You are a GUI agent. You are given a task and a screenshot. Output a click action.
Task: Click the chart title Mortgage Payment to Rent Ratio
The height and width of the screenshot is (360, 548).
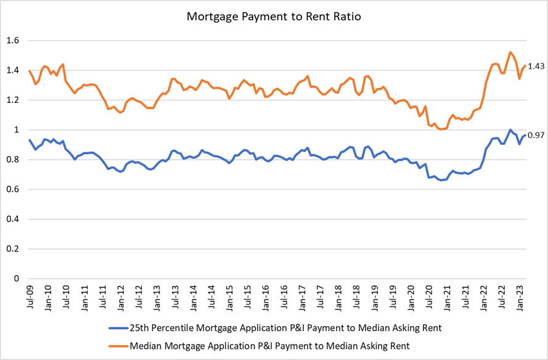tap(274, 17)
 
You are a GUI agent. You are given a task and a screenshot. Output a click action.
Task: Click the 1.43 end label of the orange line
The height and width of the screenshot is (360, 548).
tap(536, 66)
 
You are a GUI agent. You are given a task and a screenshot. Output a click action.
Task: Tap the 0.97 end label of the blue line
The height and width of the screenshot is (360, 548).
tap(536, 135)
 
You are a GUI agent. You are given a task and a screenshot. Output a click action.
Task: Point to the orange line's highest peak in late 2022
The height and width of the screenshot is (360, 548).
tap(510, 52)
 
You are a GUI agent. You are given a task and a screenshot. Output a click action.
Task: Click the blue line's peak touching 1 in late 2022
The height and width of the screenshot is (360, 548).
tap(510, 130)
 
